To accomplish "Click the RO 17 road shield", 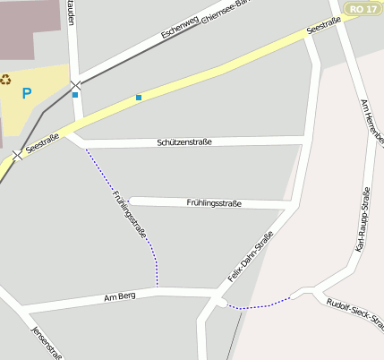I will click(x=357, y=8).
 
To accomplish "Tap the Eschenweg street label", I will click(x=179, y=26).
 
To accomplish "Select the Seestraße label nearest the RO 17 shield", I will click(x=323, y=28).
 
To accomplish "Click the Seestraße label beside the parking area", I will click(x=42, y=141).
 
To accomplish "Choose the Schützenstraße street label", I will click(x=183, y=142).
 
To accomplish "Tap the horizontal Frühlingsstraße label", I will click(x=214, y=204).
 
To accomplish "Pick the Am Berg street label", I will click(x=119, y=296).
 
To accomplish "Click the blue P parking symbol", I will click(x=27, y=93).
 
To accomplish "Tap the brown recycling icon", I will click(x=6, y=79).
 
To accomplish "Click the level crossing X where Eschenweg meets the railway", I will click(x=76, y=85).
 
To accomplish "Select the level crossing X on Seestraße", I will click(x=17, y=155).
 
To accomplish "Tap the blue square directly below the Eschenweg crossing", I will click(x=75, y=95).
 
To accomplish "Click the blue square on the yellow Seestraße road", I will click(x=139, y=97).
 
